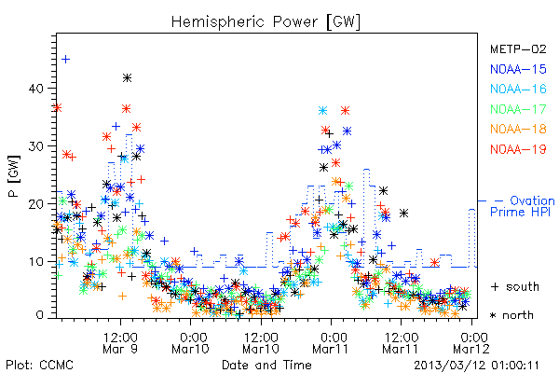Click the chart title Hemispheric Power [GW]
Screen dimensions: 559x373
tap(266, 22)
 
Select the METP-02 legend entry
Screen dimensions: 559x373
tap(518, 48)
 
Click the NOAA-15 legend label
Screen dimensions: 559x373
tap(518, 69)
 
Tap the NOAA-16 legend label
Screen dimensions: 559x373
tap(518, 89)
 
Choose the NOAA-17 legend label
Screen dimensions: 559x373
tap(518, 109)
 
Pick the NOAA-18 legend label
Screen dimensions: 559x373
tap(518, 129)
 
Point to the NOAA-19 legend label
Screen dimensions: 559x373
tap(518, 149)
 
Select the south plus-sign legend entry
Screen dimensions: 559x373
tap(515, 286)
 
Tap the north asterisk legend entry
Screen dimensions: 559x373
tap(511, 315)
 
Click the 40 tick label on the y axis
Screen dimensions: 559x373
tap(35, 89)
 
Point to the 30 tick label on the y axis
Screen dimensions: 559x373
tap(35, 146)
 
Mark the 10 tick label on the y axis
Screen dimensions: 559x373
tap(35, 262)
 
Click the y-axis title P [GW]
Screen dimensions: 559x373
tap(14, 176)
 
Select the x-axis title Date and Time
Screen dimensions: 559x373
tap(266, 365)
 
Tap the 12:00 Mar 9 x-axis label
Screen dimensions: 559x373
tap(120, 343)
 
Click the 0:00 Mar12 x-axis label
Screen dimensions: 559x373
tap(471, 343)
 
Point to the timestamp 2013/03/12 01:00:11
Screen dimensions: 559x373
tap(477, 366)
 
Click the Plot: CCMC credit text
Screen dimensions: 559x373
tap(39, 366)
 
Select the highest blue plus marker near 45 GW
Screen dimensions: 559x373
tap(65, 60)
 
